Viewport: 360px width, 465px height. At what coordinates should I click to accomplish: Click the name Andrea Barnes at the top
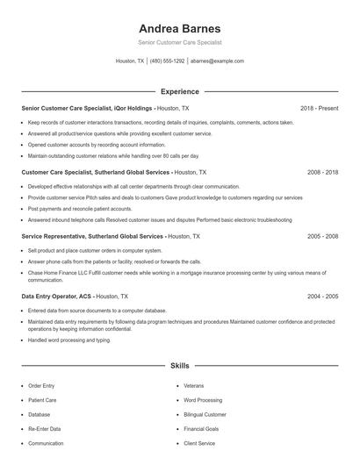[x=179, y=28]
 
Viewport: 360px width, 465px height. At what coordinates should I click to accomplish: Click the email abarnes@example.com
[x=217, y=61]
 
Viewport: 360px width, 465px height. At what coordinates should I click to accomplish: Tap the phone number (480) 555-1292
[x=167, y=61]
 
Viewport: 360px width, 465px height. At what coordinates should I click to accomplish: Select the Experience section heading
[x=179, y=91]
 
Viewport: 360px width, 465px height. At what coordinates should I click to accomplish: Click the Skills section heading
[x=179, y=364]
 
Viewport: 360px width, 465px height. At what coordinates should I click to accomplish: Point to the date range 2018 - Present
[x=319, y=108]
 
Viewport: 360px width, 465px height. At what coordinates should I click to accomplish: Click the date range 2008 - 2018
[x=322, y=173]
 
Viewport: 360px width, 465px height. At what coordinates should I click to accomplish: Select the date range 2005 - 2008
[x=322, y=236]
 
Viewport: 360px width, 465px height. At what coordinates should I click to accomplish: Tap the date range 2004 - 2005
[x=322, y=297]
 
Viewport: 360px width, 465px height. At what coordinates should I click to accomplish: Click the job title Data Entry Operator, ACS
[x=56, y=297]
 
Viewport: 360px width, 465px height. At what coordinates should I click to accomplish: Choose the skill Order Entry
[x=41, y=385]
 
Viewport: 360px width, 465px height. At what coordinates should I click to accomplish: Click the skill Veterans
[x=193, y=385]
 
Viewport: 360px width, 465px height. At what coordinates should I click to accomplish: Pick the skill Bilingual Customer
[x=205, y=414]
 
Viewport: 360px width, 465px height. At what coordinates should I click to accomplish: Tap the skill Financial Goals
[x=201, y=429]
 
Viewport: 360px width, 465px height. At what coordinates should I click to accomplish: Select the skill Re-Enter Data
[x=44, y=429]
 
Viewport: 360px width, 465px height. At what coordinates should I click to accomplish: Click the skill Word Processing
[x=203, y=400]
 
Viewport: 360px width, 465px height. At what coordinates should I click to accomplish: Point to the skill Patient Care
[x=42, y=400]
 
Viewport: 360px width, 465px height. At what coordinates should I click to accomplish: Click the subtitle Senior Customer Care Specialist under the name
[x=179, y=42]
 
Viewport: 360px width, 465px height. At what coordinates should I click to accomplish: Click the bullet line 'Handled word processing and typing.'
[x=69, y=340]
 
